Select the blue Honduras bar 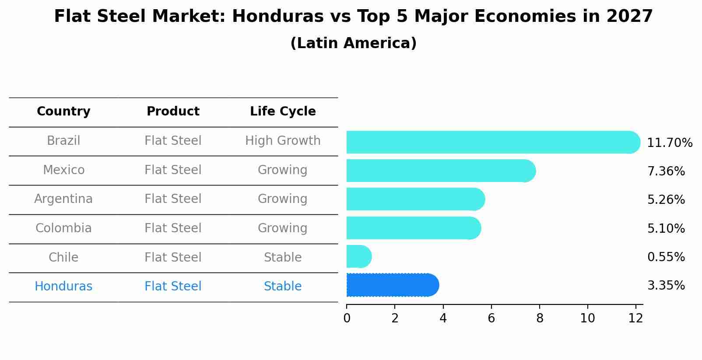tap(392, 285)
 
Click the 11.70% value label tap(669, 143)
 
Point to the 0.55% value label tap(666, 257)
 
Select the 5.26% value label tap(666, 200)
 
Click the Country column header tap(63, 112)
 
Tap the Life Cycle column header tap(283, 112)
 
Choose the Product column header tap(173, 112)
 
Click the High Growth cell tap(283, 141)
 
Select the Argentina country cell tap(63, 199)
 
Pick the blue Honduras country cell tap(63, 287)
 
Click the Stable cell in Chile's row tap(283, 258)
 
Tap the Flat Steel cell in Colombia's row tap(173, 228)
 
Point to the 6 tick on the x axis tap(491, 318)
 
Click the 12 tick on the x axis tap(635, 318)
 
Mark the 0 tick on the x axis tap(347, 318)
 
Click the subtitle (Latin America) tap(353, 43)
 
